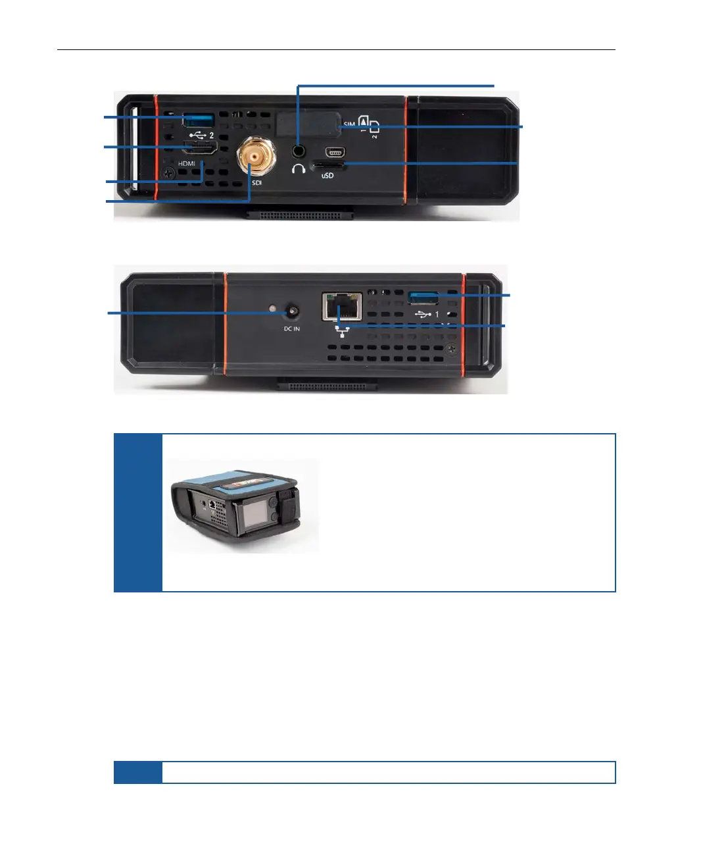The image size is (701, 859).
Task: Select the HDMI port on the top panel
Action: click(201, 148)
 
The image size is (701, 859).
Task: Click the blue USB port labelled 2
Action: click(199, 120)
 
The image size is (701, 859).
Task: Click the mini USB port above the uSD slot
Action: click(335, 151)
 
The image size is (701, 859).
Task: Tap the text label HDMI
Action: click(186, 164)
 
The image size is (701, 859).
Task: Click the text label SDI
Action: click(256, 182)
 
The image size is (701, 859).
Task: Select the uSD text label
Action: click(327, 176)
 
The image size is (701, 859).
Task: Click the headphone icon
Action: click(299, 169)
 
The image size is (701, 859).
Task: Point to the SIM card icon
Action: click(368, 125)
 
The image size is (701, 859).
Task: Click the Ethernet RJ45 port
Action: click(342, 306)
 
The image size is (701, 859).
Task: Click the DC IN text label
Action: click(292, 328)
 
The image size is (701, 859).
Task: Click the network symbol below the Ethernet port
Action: click(342, 330)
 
